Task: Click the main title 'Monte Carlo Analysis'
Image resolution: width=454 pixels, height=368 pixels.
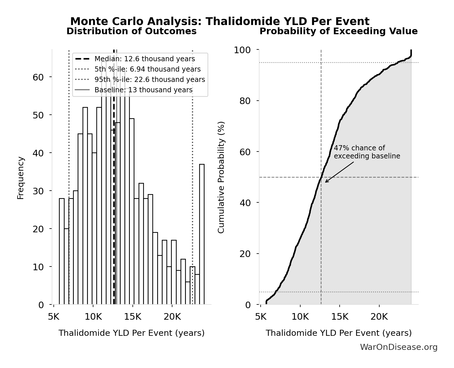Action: (x=220, y=22)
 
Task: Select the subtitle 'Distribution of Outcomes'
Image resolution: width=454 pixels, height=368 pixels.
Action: (x=132, y=31)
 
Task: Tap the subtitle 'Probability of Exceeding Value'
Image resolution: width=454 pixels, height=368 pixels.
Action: (x=338, y=31)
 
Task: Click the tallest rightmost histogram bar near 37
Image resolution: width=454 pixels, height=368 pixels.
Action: (x=202, y=234)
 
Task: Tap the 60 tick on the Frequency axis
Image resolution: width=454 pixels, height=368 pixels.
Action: (x=38, y=77)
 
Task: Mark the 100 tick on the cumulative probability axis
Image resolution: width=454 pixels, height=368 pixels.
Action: (x=242, y=50)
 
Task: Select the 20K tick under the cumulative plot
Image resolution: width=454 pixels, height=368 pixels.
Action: (x=379, y=317)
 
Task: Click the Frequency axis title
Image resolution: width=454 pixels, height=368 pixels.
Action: (x=21, y=178)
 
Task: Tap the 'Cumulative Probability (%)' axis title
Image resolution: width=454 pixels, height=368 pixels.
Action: (x=221, y=178)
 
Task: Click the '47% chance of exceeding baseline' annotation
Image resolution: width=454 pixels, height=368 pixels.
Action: (x=367, y=152)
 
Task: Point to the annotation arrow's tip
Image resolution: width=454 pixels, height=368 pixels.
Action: (x=326, y=182)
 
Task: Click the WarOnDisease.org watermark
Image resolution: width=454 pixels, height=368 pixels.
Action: (x=399, y=347)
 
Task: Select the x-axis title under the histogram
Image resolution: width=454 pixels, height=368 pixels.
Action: (x=132, y=333)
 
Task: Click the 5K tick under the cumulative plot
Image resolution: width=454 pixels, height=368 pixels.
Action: (x=261, y=317)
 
